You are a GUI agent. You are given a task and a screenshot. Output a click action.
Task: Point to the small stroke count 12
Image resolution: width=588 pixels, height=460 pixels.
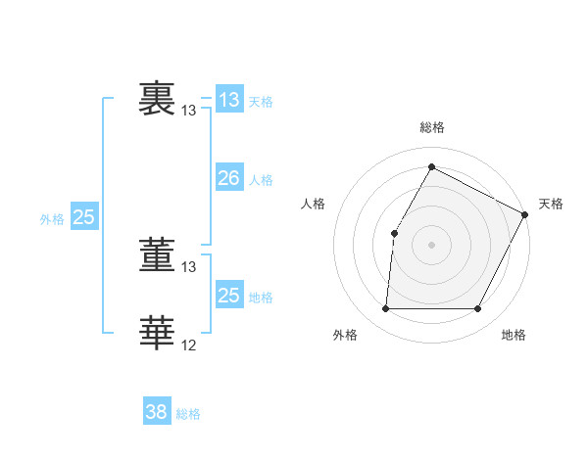pos(189,345)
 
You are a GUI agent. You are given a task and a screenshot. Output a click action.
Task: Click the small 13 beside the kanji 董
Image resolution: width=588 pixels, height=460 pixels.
pos(189,267)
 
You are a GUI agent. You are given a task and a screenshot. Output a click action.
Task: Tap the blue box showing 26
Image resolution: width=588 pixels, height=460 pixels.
pos(228,178)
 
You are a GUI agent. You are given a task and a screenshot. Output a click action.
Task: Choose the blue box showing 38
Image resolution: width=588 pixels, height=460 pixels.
pos(156,412)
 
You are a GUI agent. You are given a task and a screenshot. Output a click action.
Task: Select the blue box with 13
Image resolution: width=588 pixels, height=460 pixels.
pos(228,100)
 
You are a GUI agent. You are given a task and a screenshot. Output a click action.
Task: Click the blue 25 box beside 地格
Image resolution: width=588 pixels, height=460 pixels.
pos(228,296)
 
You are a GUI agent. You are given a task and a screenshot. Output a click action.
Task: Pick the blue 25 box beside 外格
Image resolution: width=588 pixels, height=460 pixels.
pos(83,217)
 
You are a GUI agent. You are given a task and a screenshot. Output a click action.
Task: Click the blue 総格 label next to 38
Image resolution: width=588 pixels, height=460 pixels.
pos(188,414)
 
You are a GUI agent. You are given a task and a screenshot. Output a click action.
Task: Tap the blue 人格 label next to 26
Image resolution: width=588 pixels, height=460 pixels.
pos(261,180)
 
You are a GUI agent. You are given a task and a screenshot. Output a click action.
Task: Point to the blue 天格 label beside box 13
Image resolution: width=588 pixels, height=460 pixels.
pos(261,102)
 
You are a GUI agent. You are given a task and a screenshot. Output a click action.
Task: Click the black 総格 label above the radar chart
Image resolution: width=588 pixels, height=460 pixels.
pos(432,127)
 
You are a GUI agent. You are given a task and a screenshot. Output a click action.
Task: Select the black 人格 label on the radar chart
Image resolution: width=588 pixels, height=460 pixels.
pos(314,204)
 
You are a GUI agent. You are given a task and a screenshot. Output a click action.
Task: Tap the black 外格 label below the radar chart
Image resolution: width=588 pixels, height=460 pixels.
pos(345,335)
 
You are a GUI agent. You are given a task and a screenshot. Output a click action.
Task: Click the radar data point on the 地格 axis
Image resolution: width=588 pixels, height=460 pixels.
pos(478,309)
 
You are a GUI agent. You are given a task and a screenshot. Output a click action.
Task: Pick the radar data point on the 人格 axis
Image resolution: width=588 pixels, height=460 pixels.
pos(394,233)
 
